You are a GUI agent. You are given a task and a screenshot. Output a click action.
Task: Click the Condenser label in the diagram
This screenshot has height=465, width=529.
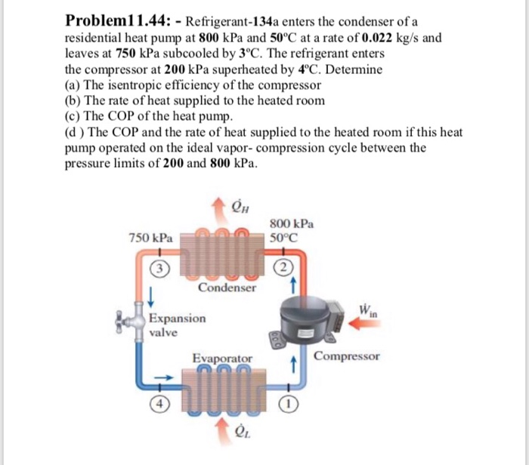click(227, 288)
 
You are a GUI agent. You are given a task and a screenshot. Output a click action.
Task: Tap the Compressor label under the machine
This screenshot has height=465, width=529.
click(347, 356)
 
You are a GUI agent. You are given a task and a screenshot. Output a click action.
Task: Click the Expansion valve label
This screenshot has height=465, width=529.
click(177, 325)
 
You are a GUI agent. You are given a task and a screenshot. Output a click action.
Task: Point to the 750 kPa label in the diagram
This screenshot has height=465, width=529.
click(150, 237)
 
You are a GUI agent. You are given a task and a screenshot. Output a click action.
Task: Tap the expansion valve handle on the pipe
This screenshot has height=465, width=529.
click(120, 319)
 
